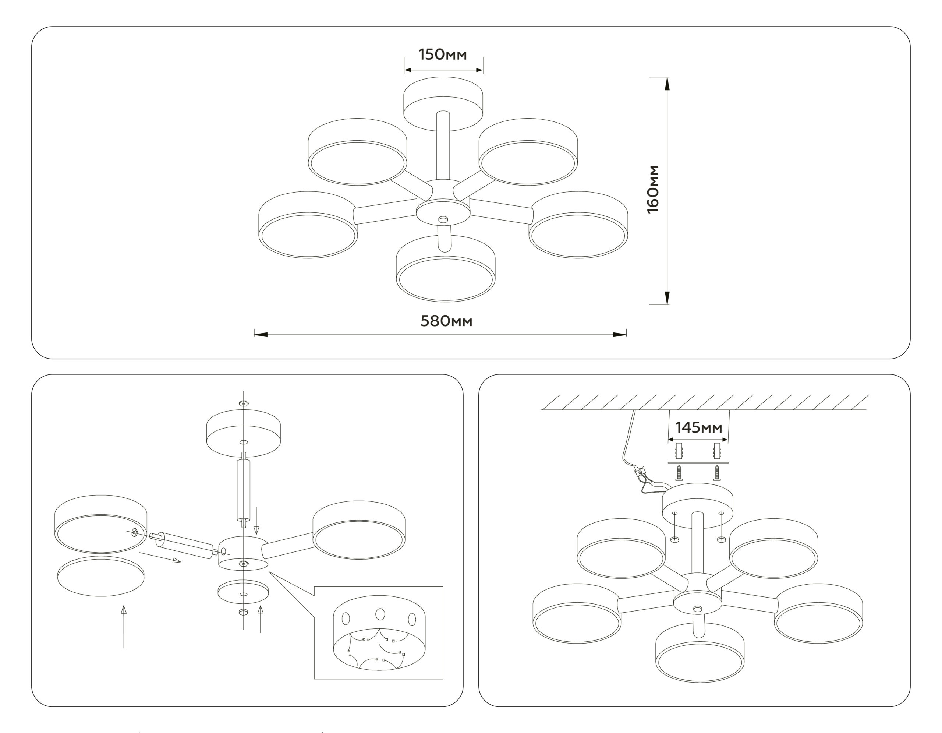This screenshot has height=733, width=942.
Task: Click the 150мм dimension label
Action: (x=443, y=54)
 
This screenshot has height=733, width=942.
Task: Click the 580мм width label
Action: (x=446, y=321)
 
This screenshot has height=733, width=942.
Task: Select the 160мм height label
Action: (x=653, y=189)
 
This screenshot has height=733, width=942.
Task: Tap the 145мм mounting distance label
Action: (x=698, y=427)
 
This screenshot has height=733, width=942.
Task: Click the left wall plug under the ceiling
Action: (x=679, y=451)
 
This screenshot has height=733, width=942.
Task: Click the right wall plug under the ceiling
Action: (x=717, y=451)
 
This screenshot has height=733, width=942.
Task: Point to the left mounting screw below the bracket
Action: (x=679, y=473)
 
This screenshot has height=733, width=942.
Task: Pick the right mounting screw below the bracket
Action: (x=717, y=473)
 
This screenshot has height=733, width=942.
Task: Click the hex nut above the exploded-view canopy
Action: (x=244, y=403)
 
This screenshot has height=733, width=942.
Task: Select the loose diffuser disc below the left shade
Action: (x=101, y=576)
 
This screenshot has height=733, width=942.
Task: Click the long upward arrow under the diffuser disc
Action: (x=124, y=627)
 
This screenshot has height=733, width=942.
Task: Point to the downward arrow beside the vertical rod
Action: (x=256, y=521)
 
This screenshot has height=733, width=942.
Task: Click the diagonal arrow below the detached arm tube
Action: (x=160, y=557)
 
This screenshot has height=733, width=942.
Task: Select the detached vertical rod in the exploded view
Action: (x=244, y=490)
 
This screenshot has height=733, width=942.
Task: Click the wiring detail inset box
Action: (x=379, y=633)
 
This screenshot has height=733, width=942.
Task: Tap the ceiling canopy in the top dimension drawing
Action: (x=443, y=103)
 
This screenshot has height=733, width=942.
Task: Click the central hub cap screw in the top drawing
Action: (x=443, y=219)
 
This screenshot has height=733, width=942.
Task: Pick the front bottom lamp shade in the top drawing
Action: (x=446, y=268)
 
